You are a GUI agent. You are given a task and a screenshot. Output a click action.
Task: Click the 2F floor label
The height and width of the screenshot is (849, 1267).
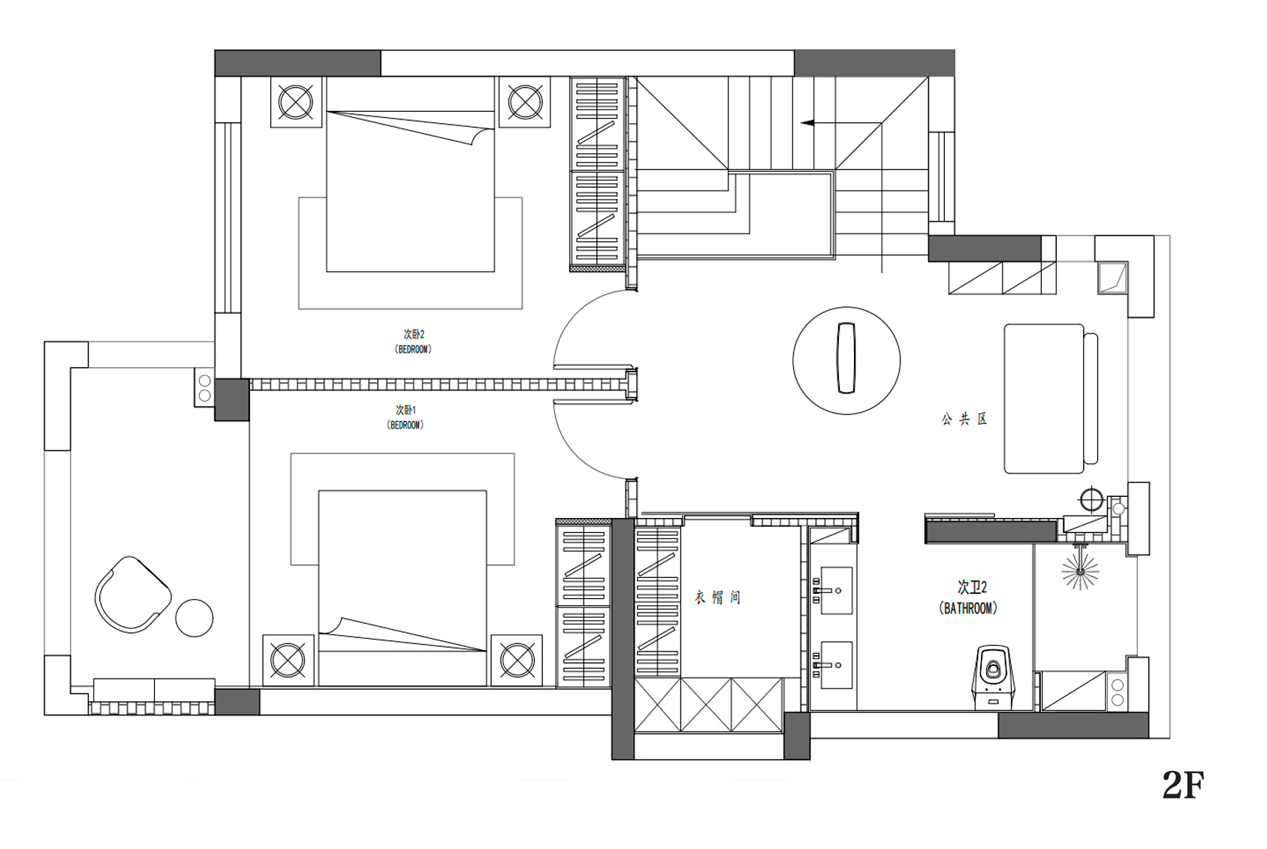click(x=1183, y=785)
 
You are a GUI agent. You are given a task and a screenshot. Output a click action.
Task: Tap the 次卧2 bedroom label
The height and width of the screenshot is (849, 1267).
click(x=414, y=335)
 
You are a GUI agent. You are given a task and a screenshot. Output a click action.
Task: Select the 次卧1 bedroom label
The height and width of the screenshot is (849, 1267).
click(x=406, y=410)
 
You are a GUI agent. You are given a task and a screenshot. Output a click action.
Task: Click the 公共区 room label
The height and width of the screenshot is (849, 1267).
click(x=964, y=419)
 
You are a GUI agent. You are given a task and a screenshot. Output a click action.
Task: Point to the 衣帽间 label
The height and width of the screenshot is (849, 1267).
click(x=717, y=598)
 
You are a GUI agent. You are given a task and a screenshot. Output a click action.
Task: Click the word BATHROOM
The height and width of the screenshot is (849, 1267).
click(x=968, y=608)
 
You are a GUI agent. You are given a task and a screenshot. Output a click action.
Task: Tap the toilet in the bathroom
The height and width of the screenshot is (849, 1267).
click(x=993, y=676)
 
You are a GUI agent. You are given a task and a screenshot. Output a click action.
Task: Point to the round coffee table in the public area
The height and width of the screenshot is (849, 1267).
click(x=846, y=360)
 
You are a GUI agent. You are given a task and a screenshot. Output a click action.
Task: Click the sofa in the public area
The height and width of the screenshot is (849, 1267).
click(x=1051, y=399)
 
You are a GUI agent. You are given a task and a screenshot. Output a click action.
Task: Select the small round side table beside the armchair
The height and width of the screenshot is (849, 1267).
click(x=195, y=618)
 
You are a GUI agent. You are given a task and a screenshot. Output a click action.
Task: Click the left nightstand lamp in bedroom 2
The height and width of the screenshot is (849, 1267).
click(x=295, y=102)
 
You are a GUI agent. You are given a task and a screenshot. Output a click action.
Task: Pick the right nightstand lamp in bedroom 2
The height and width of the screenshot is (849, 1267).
click(x=525, y=102)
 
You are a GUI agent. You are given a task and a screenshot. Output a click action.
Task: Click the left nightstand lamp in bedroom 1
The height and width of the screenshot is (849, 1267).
click(x=288, y=660)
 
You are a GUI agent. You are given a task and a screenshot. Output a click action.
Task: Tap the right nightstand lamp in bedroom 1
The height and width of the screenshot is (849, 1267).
click(x=517, y=660)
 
